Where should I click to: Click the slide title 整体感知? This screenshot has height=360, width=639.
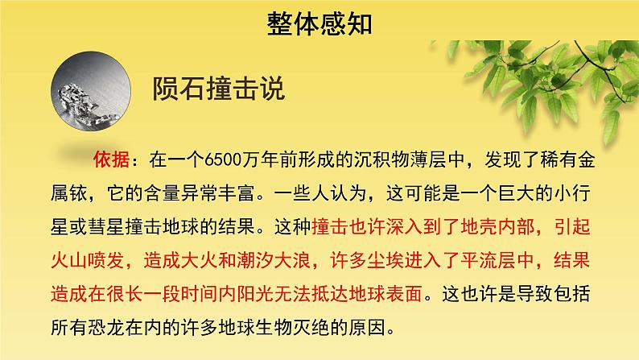click(x=319, y=23)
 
